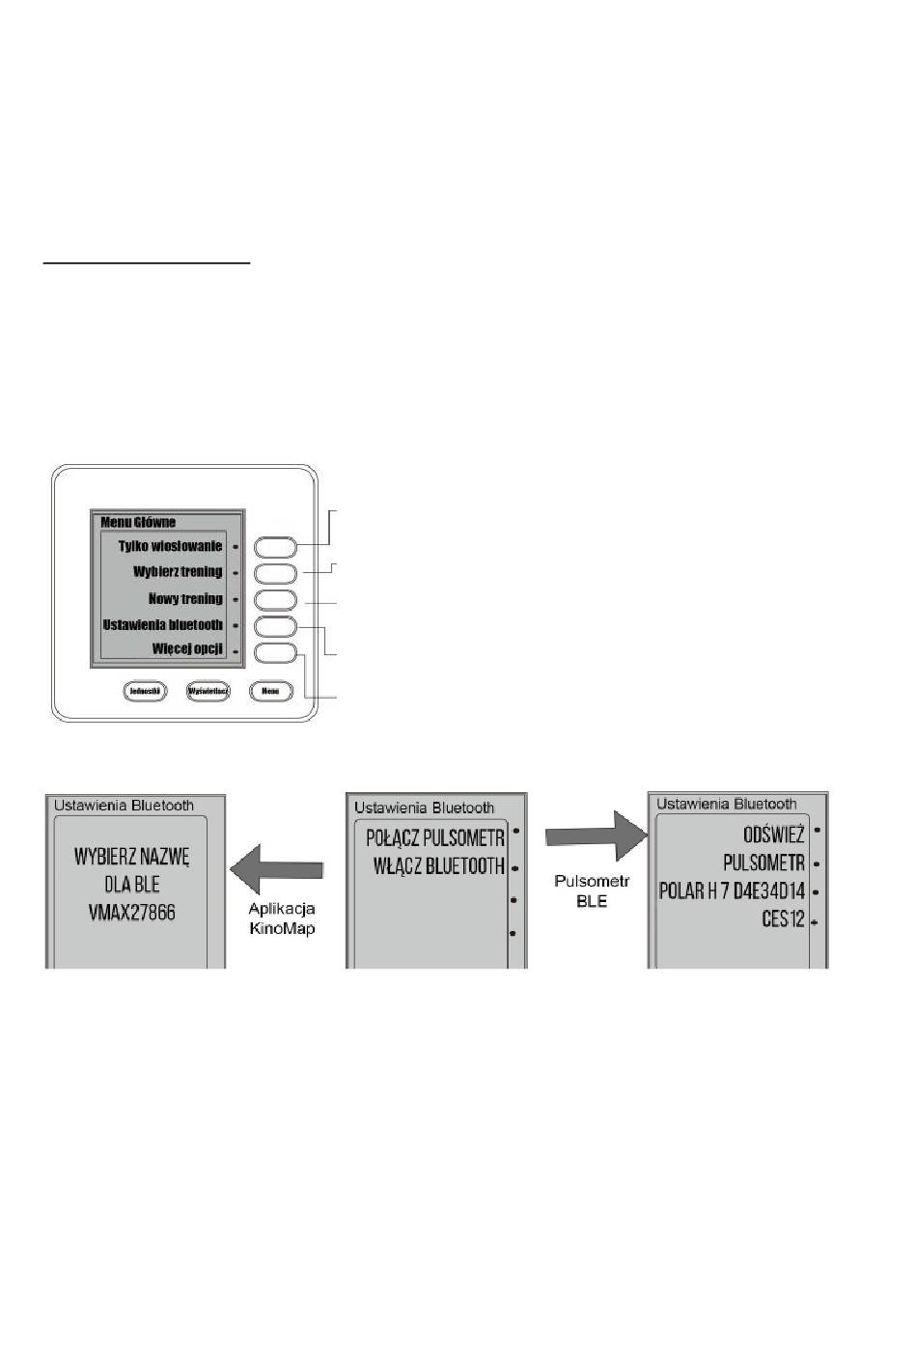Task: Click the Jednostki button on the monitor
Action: tap(145, 691)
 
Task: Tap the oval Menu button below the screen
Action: tap(270, 691)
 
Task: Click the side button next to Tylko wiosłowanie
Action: tap(275, 547)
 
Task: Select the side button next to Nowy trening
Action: tap(275, 600)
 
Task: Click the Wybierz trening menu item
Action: tap(178, 572)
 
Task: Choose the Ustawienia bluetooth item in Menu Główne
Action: tap(163, 625)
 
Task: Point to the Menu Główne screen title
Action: tap(138, 522)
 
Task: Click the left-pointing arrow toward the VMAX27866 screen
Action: tap(276, 865)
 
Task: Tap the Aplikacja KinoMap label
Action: tap(282, 918)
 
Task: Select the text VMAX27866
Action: tap(132, 913)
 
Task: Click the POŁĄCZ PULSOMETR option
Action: tap(435, 837)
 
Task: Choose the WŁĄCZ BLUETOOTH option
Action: tap(439, 866)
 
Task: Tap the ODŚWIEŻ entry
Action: tap(773, 835)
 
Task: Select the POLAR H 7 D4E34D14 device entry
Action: tap(732, 891)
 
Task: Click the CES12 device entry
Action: tap(783, 919)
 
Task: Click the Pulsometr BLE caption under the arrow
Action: tap(592, 890)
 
